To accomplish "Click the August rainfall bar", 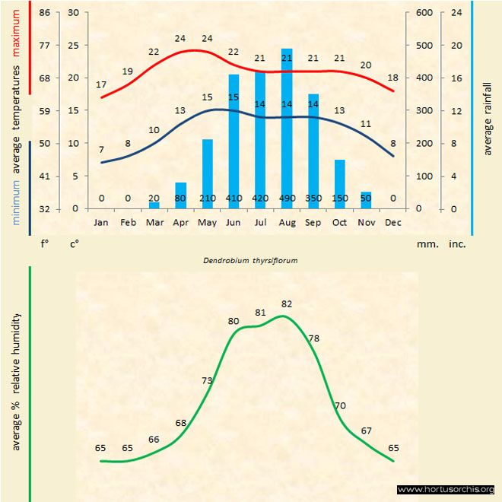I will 287,129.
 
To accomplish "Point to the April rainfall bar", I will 181,195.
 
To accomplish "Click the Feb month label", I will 128,223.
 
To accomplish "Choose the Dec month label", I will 392,223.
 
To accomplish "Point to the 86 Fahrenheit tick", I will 45,13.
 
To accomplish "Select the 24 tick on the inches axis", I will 456,13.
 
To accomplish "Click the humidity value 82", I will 287,304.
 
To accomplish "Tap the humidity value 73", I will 207,380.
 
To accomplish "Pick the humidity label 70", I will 340,405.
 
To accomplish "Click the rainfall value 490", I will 287,199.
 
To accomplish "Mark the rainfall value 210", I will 208,199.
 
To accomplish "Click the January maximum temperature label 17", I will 101,84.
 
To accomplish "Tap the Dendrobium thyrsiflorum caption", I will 249,260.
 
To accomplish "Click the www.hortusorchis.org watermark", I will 446,489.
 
